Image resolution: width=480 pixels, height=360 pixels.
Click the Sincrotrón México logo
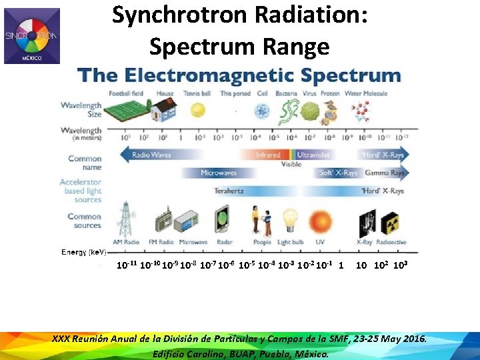(32, 36)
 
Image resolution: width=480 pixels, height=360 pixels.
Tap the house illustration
(164, 110)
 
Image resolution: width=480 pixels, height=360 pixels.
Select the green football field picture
(128, 111)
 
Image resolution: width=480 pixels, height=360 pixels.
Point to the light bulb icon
(289, 221)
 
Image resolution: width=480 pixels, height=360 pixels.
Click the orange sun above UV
(320, 221)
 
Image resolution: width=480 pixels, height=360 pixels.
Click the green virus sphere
(307, 111)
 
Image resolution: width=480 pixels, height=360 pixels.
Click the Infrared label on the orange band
(268, 155)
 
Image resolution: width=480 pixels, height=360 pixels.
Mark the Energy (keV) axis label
(84, 252)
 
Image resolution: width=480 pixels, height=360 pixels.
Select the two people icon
(261, 220)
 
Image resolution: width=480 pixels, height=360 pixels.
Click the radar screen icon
(222, 220)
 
